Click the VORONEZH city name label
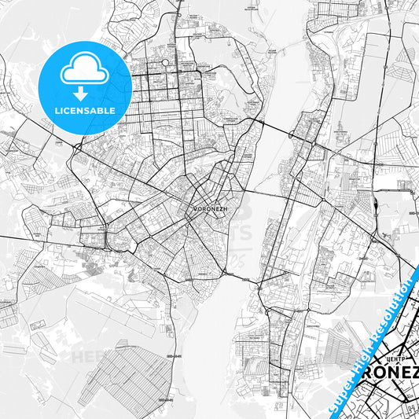pyautogui.click(x=209, y=209)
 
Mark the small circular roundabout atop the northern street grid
pyautogui.click(x=166, y=61)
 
